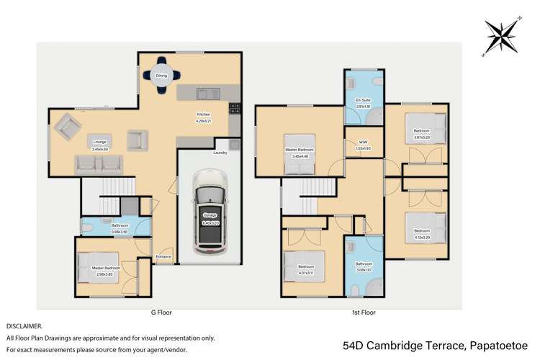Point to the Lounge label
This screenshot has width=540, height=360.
pyautogui.click(x=99, y=142)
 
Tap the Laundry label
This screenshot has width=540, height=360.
pyautogui.click(x=220, y=153)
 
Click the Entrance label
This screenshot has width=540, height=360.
pyautogui.click(x=163, y=256)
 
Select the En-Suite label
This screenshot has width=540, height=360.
pyautogui.click(x=364, y=100)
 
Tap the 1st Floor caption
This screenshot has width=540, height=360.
pyautogui.click(x=365, y=312)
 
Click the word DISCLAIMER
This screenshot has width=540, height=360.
pyautogui.click(x=24, y=326)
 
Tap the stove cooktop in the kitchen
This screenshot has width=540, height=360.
pyautogui.click(x=233, y=109)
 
